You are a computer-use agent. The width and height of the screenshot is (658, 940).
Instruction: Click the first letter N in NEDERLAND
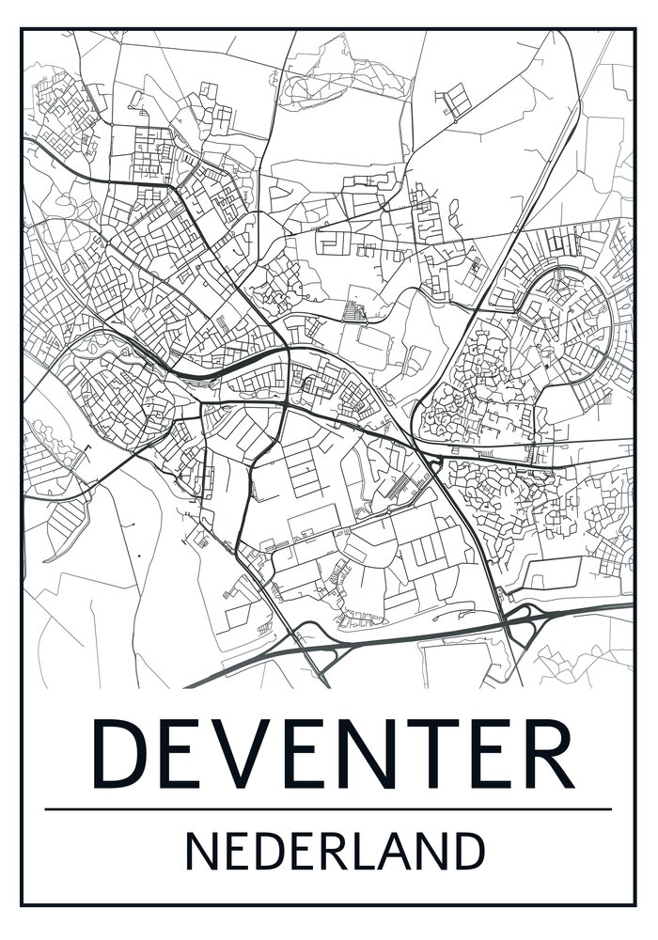[x=200, y=853]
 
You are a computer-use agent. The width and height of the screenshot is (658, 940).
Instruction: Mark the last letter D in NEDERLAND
[x=470, y=853]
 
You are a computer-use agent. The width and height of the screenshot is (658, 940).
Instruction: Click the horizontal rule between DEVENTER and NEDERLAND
[x=328, y=808]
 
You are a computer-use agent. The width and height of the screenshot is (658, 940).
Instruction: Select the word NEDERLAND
[x=335, y=853]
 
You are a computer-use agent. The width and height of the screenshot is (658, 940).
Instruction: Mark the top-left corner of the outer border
[x=22, y=28]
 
